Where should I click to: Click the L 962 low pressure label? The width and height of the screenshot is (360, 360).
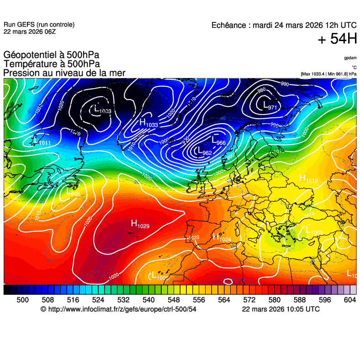point(203,151)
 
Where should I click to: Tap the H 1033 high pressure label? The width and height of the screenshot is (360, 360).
point(148,123)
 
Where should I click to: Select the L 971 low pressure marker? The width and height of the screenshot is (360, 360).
point(270,106)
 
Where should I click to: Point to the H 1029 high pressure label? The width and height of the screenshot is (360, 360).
point(140,224)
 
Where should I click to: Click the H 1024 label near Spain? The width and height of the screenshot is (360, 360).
point(222,237)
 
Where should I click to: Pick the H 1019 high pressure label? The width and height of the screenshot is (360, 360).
point(308,179)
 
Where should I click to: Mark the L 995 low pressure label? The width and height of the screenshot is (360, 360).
point(73,193)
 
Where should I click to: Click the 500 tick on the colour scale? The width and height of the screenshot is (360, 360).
point(22,300)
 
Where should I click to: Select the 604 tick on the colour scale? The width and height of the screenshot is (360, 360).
point(349,300)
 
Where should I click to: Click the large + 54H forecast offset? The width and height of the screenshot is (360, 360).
point(337,39)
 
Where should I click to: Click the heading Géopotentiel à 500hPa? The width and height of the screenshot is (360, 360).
point(51,55)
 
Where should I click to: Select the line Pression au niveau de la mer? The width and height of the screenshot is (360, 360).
point(64,73)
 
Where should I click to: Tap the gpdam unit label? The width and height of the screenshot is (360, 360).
point(350,58)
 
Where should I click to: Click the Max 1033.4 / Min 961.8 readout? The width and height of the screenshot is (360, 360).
point(328,73)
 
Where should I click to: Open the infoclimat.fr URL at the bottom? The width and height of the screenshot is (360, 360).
point(118,309)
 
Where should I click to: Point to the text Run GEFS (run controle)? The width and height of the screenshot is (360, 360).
point(39,25)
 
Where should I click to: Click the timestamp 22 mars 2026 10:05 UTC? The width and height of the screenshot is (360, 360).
point(281,309)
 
